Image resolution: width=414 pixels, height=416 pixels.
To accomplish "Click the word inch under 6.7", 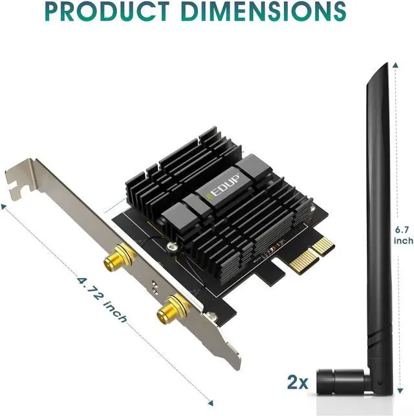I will [x=403, y=241].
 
